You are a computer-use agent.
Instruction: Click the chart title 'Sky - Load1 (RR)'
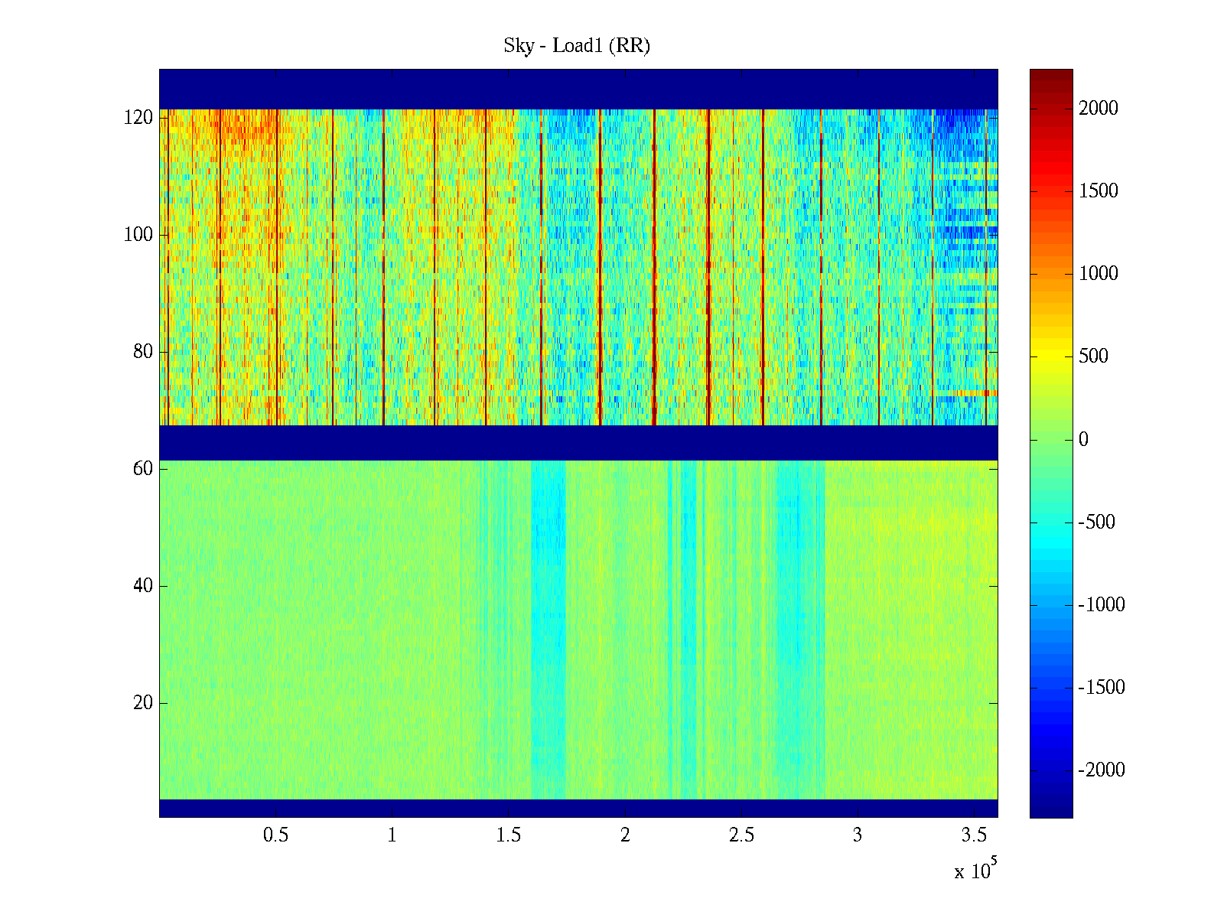coord(577,46)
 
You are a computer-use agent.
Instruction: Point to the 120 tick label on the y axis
coord(138,118)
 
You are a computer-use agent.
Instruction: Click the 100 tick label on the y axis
coord(138,235)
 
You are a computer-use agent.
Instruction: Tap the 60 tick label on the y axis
coord(143,469)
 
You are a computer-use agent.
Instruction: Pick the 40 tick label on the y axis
coord(143,586)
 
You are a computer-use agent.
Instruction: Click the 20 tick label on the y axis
coord(143,703)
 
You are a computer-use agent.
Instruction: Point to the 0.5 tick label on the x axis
coord(276,835)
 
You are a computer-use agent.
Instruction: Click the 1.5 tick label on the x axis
coord(509,835)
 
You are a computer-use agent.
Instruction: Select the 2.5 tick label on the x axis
coord(741,835)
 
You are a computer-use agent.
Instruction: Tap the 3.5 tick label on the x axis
coord(974,835)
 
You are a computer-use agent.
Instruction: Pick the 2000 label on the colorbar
coord(1099,109)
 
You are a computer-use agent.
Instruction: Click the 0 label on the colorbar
coord(1083,440)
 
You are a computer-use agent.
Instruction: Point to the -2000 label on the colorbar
coord(1102,770)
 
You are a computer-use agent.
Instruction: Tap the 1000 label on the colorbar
coord(1099,274)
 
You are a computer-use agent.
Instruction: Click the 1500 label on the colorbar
coord(1099,191)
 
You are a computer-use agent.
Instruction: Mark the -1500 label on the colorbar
coord(1102,688)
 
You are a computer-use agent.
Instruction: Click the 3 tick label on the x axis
coord(858,835)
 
